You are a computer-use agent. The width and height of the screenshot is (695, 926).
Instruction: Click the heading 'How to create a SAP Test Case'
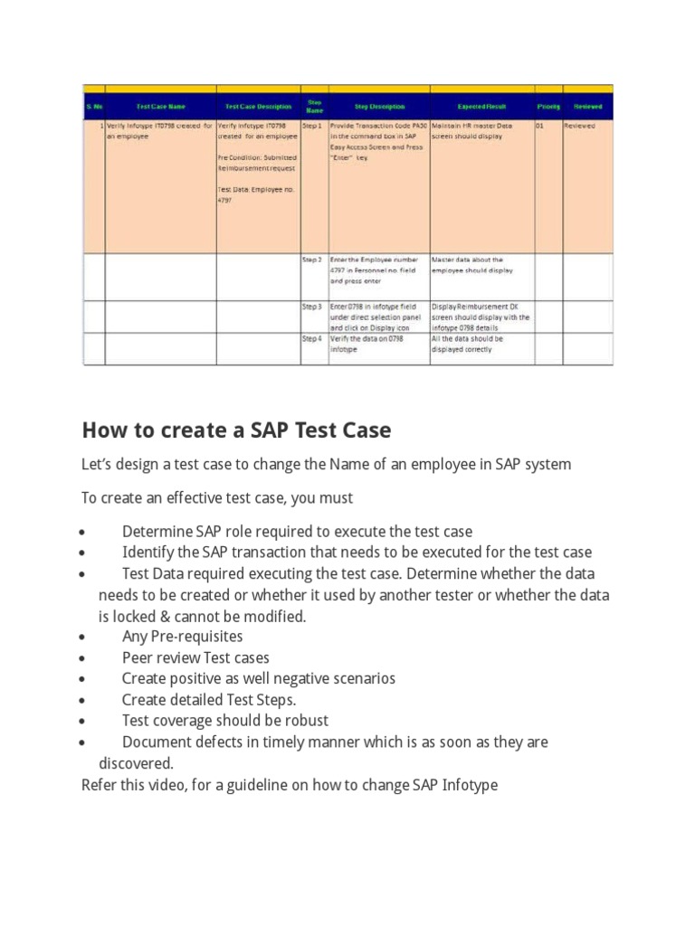click(237, 429)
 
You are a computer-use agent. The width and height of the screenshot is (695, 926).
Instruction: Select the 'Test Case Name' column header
click(160, 107)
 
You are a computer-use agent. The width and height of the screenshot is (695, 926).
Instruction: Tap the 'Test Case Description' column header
click(258, 107)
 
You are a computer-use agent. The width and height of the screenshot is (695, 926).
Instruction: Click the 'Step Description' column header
click(378, 107)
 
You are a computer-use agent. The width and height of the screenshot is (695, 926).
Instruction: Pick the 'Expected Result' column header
click(481, 107)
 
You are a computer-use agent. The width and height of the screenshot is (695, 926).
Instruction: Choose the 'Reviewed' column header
click(587, 107)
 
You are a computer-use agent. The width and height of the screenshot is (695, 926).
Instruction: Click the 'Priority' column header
click(548, 107)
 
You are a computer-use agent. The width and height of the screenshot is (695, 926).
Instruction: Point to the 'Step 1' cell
click(312, 127)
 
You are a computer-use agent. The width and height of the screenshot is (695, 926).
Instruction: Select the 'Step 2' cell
click(312, 260)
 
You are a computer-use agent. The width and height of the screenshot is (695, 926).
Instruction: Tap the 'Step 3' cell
click(312, 307)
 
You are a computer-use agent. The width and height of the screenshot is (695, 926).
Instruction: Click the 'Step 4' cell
click(312, 339)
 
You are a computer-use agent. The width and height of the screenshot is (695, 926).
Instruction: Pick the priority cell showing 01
click(540, 127)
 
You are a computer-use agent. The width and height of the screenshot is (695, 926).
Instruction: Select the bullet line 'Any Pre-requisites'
click(182, 637)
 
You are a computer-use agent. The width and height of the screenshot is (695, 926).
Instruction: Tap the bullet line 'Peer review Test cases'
click(195, 657)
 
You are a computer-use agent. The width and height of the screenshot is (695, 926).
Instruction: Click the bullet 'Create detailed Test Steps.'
click(209, 700)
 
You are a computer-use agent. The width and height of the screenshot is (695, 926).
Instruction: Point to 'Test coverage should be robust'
click(225, 721)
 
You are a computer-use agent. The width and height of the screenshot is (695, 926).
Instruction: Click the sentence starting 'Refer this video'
click(290, 785)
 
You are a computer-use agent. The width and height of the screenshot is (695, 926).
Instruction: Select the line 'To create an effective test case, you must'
click(217, 498)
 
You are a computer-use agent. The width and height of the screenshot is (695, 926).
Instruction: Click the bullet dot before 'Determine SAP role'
click(83, 533)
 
